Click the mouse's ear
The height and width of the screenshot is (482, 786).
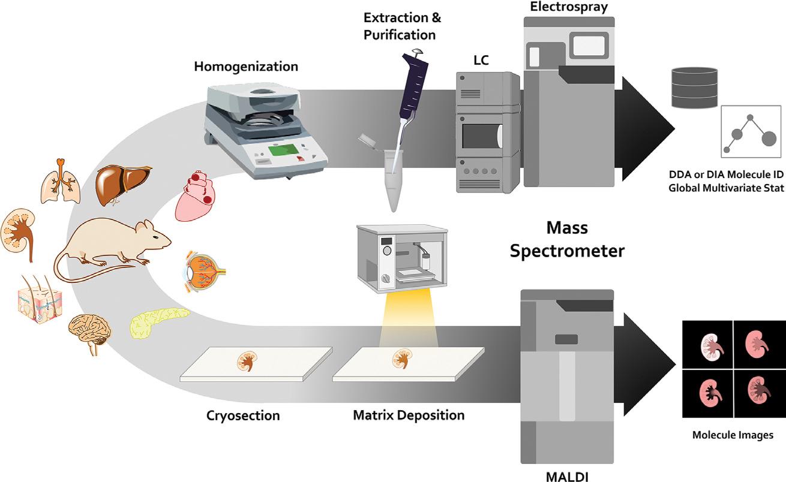click(x=144, y=227)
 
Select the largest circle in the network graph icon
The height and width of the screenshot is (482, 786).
click(x=768, y=140)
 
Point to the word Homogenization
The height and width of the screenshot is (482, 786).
click(x=245, y=65)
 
